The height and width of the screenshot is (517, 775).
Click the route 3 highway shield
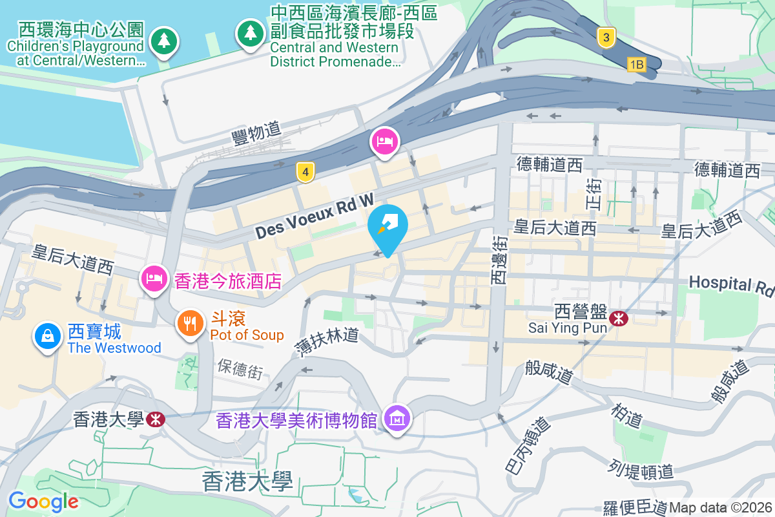point(606,37)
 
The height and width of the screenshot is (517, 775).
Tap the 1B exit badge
point(637,64)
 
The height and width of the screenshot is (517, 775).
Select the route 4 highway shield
point(305,172)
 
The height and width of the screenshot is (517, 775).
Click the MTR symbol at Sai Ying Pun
point(619,318)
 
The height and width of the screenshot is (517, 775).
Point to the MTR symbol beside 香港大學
point(155,419)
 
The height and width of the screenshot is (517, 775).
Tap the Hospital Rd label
point(730,284)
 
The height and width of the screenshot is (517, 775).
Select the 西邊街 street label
point(499,259)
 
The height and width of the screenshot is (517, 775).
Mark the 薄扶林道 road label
point(327,343)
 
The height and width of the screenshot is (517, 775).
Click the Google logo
point(43,501)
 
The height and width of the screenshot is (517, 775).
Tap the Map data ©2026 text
point(721,507)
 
